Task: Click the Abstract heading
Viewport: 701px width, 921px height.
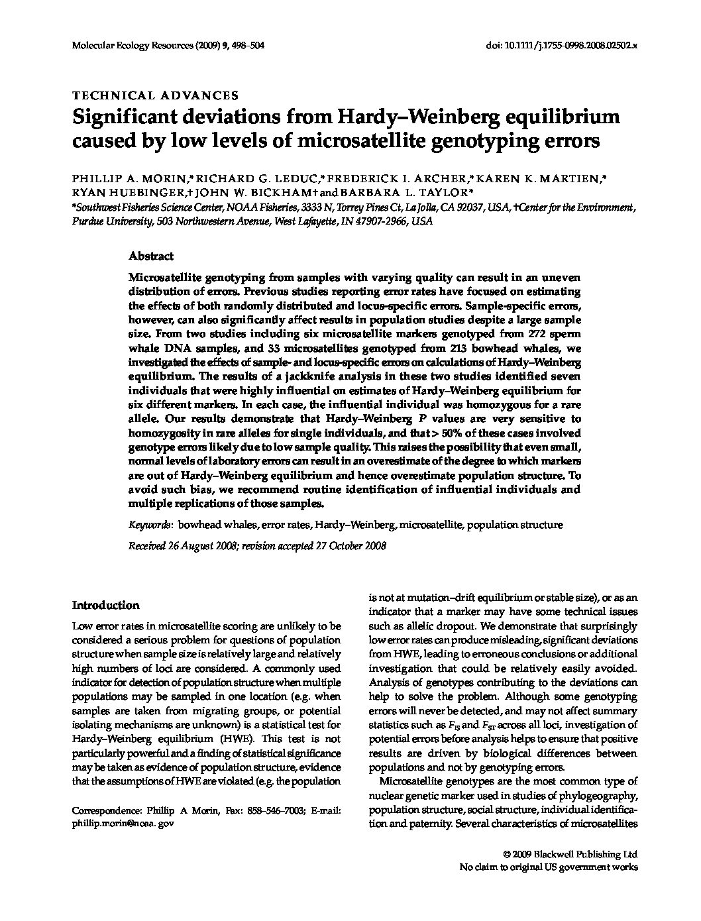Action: click(151, 256)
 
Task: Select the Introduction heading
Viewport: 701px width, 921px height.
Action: click(105, 605)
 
